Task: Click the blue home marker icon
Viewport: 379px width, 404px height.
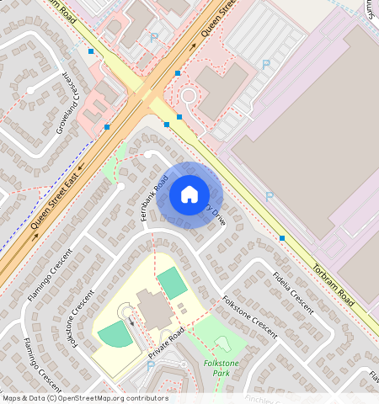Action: coord(189,194)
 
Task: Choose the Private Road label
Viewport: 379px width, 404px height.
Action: coord(166,345)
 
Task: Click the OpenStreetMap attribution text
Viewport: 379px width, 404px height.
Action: coord(84,398)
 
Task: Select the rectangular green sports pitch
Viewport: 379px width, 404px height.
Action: coord(173,283)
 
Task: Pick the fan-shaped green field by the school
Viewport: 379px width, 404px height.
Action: coord(114,334)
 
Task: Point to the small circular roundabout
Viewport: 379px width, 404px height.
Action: coord(187,96)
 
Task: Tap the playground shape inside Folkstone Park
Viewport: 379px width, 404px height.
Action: coord(223,343)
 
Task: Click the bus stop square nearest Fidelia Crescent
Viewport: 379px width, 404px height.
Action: coord(281,238)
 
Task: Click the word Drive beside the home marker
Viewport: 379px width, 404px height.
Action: coord(217,216)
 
